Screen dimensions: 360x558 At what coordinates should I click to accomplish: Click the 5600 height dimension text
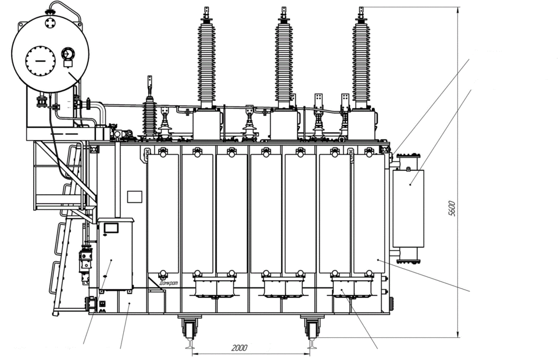(x=452, y=208)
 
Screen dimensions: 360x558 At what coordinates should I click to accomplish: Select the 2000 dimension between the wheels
(x=239, y=348)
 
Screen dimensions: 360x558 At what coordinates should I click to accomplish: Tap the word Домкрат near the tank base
(x=169, y=283)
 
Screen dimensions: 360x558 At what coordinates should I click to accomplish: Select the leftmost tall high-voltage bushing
(x=206, y=58)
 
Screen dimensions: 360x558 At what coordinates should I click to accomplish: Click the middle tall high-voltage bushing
(x=284, y=58)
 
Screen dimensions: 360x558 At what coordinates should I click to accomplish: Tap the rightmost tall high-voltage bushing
(x=361, y=58)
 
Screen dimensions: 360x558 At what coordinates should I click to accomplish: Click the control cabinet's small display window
(x=111, y=228)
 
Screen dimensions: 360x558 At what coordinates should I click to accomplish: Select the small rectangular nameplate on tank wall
(x=135, y=197)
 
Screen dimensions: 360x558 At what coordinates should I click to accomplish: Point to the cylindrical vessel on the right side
(x=408, y=208)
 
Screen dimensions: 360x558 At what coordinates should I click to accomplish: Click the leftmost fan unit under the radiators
(x=215, y=287)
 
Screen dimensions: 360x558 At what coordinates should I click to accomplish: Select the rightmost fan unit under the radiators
(x=352, y=287)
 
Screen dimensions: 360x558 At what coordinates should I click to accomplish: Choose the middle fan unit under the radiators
(x=284, y=287)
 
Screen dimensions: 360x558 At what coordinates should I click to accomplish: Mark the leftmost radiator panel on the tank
(x=163, y=212)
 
